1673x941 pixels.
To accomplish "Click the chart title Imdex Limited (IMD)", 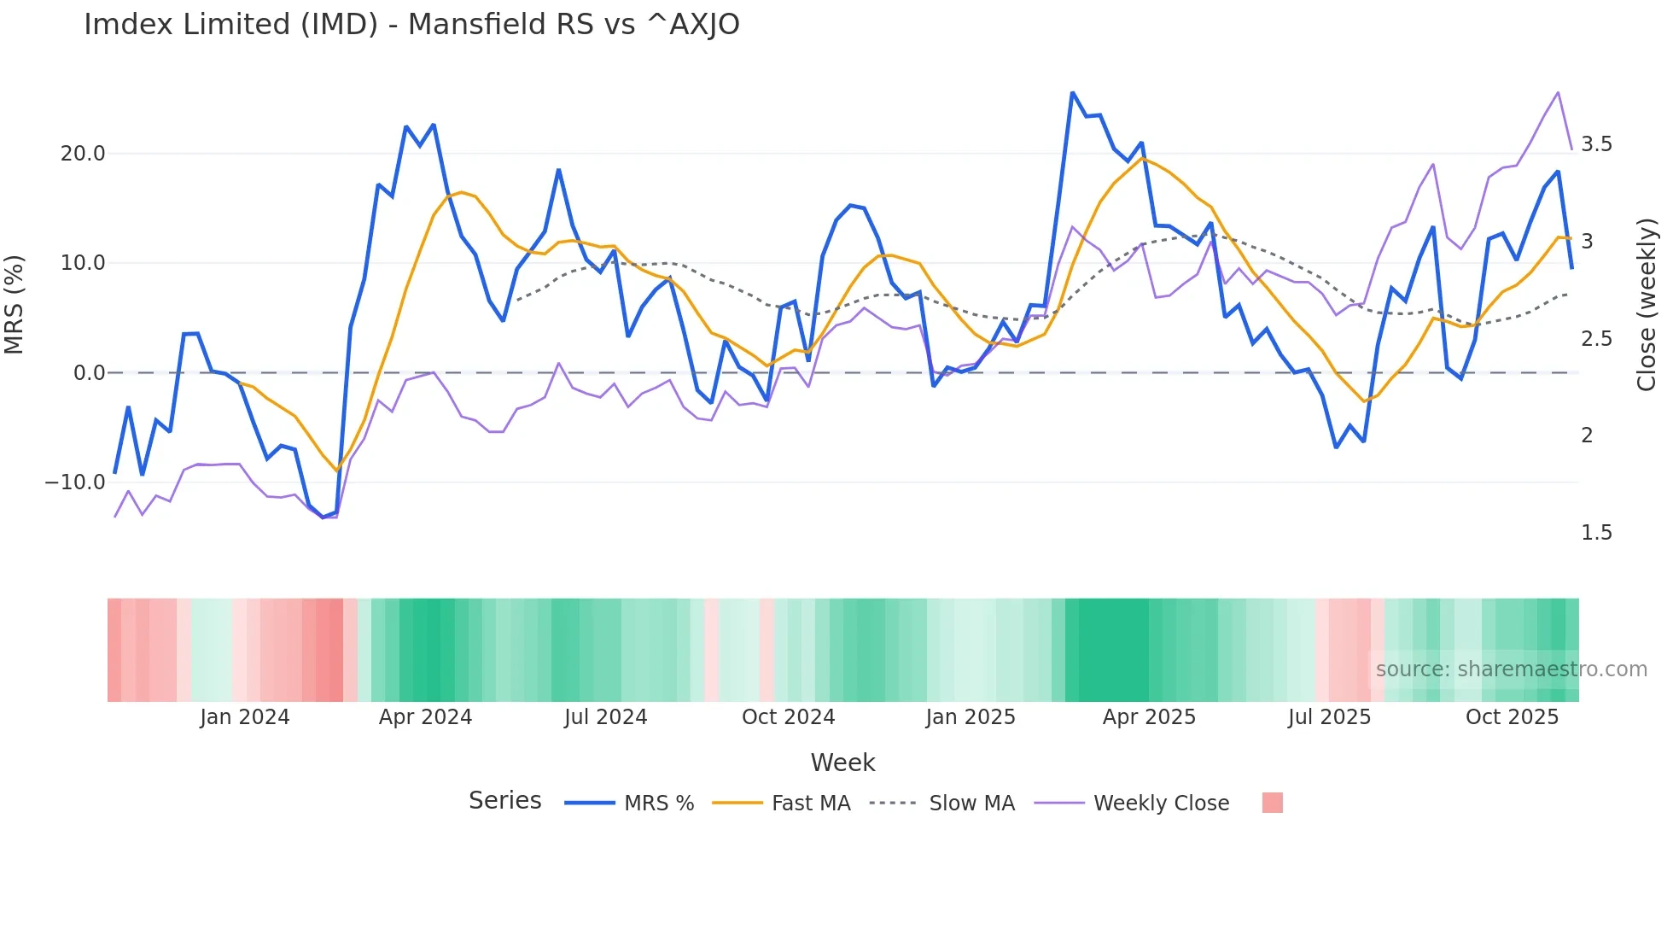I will [411, 25].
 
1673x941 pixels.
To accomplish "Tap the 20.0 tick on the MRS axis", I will [83, 154].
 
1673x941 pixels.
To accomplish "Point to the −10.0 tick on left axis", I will [76, 482].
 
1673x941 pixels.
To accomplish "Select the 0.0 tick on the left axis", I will [90, 373].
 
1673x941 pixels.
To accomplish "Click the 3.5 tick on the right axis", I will [1596, 144].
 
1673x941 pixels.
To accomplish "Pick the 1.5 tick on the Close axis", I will [1596, 533].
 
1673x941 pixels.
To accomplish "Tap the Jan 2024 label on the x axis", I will [245, 717].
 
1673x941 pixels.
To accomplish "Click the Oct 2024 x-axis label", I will [788, 717].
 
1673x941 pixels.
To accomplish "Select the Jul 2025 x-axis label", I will [1329, 717].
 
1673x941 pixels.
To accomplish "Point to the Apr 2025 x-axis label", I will [1149, 717].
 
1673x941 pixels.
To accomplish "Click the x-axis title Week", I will [842, 763].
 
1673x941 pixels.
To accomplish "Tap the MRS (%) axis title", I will [15, 305].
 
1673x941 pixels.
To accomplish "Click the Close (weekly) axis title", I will [1647, 305].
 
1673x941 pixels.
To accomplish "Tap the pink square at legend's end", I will [1272, 803].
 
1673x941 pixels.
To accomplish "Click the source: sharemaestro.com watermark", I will [1511, 669].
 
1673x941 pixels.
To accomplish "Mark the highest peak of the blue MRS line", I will [1072, 93].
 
